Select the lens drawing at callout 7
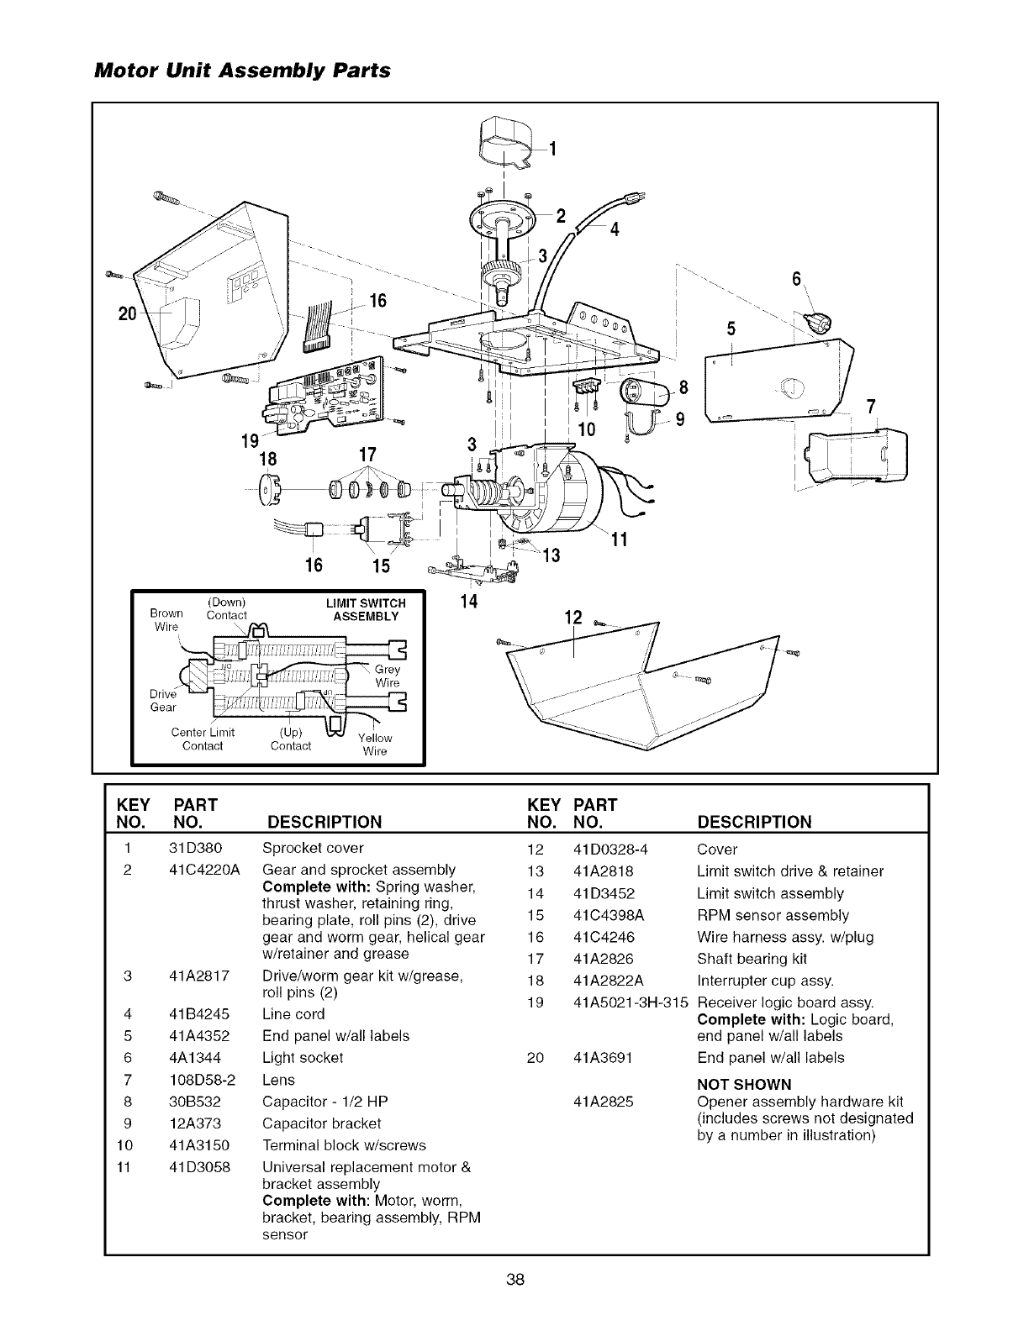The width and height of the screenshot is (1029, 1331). [857, 457]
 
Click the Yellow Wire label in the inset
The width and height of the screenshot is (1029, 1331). [374, 744]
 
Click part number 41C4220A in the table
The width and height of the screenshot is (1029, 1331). [204, 870]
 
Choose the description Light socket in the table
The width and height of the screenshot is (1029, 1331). [303, 1058]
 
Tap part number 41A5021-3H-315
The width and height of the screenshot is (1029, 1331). [630, 1002]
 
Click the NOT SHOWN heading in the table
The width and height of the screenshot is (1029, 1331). [744, 1085]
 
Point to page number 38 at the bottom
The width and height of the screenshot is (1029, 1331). [515, 1280]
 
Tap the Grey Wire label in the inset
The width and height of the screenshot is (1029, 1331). [388, 676]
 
